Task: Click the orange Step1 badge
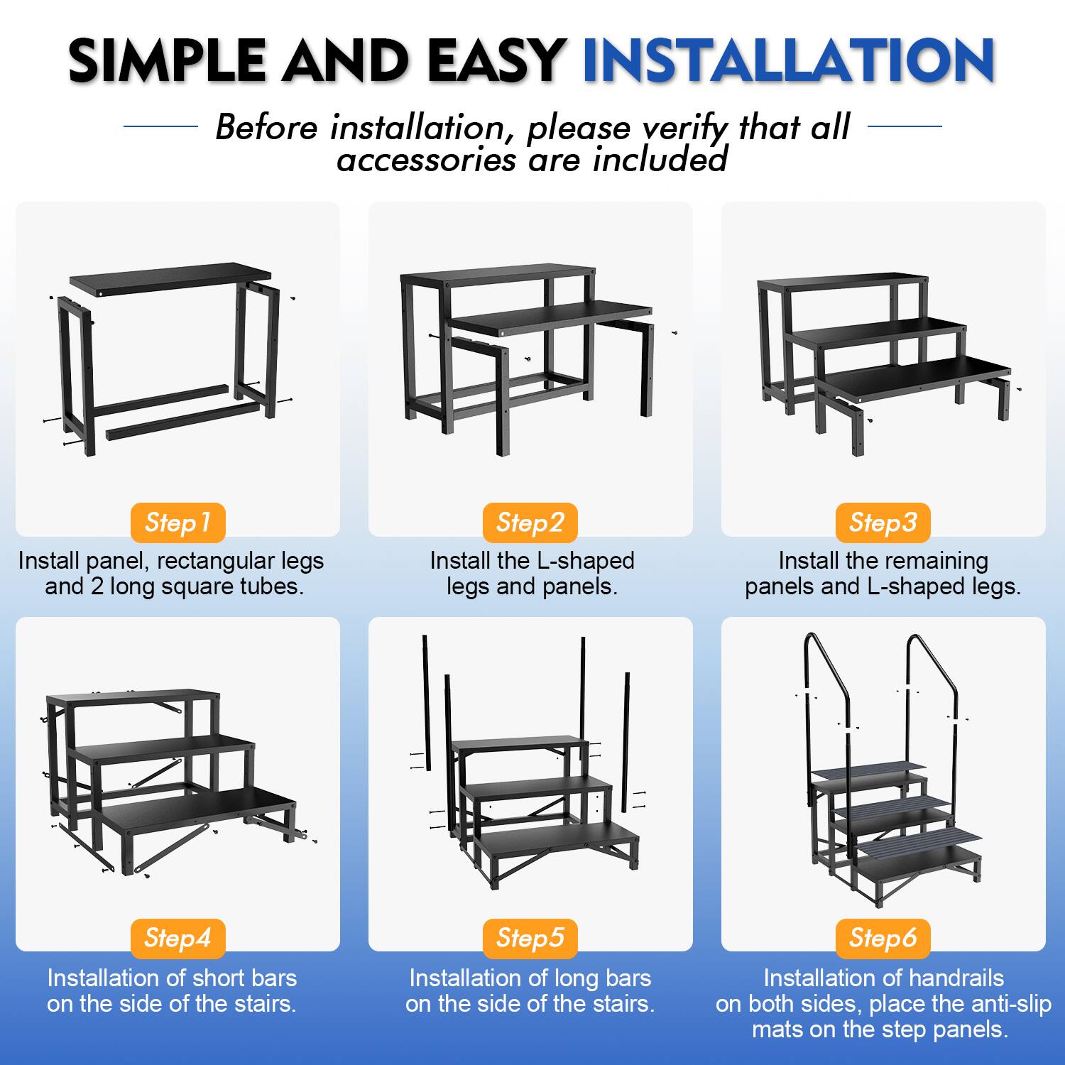(x=177, y=523)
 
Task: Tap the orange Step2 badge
(x=530, y=523)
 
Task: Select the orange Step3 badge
(x=883, y=523)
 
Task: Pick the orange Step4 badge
(x=177, y=938)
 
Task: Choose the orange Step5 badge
(x=530, y=938)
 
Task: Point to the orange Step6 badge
(x=883, y=938)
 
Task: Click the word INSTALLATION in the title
(x=788, y=60)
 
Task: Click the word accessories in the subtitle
(x=426, y=160)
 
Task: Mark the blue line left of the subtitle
(x=160, y=127)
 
